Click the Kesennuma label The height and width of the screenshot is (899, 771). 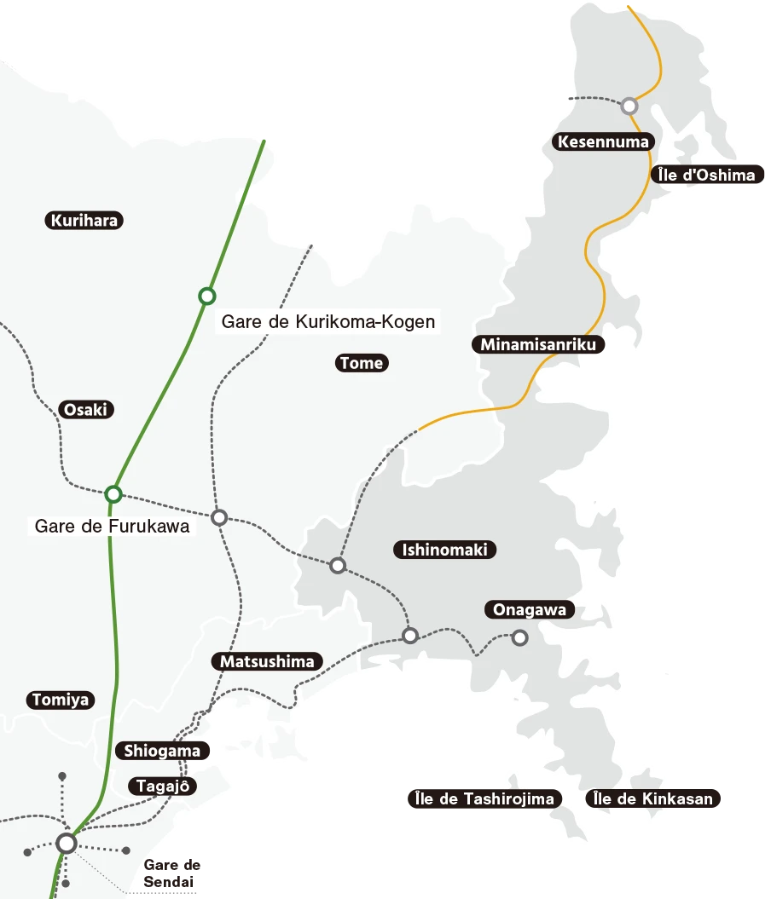pyautogui.click(x=603, y=141)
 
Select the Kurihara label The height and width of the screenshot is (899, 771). pyautogui.click(x=84, y=221)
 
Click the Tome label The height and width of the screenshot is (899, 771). pyautogui.click(x=361, y=363)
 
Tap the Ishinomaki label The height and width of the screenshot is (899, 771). pyautogui.click(x=444, y=550)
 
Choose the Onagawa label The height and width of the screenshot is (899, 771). pyautogui.click(x=529, y=610)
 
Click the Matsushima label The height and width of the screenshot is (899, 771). pyautogui.click(x=267, y=661)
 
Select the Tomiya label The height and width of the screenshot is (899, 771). pyautogui.click(x=60, y=700)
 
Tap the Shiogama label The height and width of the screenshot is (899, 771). pyautogui.click(x=162, y=751)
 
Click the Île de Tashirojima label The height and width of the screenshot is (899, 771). pyautogui.click(x=484, y=799)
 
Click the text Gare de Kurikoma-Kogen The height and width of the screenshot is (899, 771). pyautogui.click(x=328, y=322)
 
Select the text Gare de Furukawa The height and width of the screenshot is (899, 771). pyautogui.click(x=112, y=526)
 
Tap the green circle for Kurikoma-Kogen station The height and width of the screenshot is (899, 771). pyautogui.click(x=206, y=296)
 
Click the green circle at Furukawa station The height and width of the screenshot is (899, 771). pyautogui.click(x=113, y=494)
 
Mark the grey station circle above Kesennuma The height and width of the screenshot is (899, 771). pyautogui.click(x=629, y=106)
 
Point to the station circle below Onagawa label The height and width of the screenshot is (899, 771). pyautogui.click(x=519, y=637)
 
